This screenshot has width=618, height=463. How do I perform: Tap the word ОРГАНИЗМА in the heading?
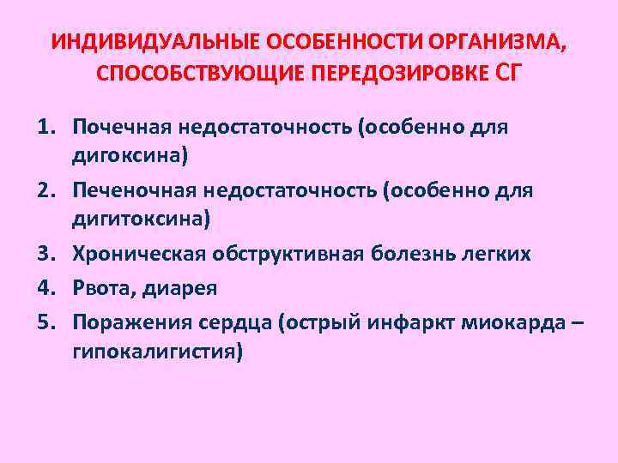[493, 43]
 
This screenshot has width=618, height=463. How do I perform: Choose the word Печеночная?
[133, 191]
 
